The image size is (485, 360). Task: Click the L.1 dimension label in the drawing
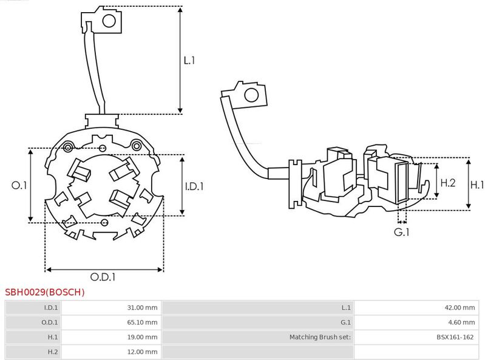pyautogui.click(x=189, y=61)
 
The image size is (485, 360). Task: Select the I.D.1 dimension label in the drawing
pyautogui.click(x=194, y=187)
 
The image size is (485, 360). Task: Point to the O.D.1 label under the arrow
pyautogui.click(x=103, y=277)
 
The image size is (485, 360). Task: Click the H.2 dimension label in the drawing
pyautogui.click(x=447, y=182)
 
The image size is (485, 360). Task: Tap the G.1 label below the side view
pyautogui.click(x=402, y=233)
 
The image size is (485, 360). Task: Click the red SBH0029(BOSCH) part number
pyautogui.click(x=45, y=292)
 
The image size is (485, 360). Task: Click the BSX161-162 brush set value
pyautogui.click(x=455, y=337)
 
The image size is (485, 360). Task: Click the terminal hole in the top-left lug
pyautogui.click(x=109, y=21)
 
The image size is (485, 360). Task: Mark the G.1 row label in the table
pyautogui.click(x=346, y=322)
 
